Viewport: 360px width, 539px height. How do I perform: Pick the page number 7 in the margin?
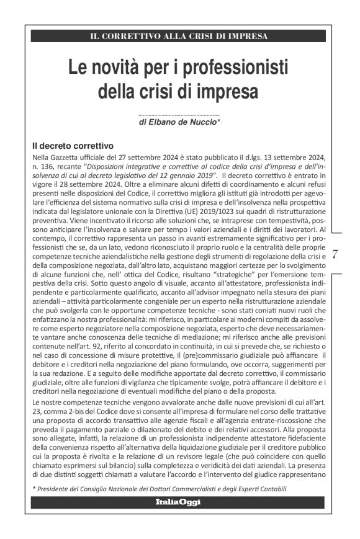point(336,254)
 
